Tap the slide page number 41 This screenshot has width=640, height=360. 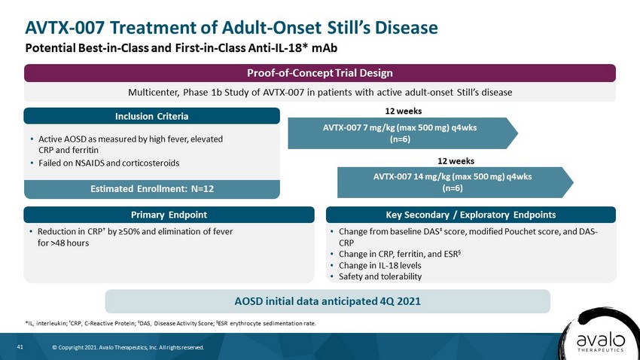[20, 347]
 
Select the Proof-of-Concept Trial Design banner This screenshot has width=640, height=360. [319, 73]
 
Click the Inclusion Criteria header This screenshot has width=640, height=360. [152, 116]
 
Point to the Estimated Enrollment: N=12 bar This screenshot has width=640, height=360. [152, 189]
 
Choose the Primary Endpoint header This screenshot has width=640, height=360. [169, 215]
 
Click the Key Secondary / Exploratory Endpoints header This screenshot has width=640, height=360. [471, 215]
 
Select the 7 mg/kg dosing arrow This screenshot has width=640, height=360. [403, 133]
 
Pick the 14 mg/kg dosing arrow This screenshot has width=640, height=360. [455, 182]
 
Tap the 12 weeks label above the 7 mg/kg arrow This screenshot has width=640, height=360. [404, 111]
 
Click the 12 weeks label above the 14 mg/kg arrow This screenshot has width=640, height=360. [456, 161]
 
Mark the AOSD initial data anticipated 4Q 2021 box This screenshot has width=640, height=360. [328, 301]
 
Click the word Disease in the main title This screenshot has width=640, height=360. [407, 28]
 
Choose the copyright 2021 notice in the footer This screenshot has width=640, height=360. [128, 347]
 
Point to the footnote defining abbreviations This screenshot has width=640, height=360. [171, 323]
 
